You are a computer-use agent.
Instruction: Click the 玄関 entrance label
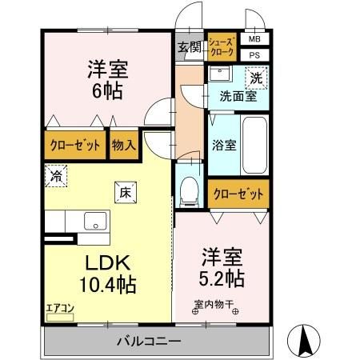pos(190,47)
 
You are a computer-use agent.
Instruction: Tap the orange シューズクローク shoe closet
pos(222,47)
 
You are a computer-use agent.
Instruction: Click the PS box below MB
pos(254,54)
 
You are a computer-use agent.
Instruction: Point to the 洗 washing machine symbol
pos(255,78)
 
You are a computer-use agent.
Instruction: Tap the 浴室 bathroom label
pos(223,146)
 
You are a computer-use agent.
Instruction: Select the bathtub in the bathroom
pos(255,145)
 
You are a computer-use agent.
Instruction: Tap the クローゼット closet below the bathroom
pos(239,193)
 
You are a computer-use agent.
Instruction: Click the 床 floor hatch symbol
pos(126,191)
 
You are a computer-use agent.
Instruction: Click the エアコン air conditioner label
pos(58,307)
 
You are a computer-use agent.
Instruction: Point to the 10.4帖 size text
pos(107,283)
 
